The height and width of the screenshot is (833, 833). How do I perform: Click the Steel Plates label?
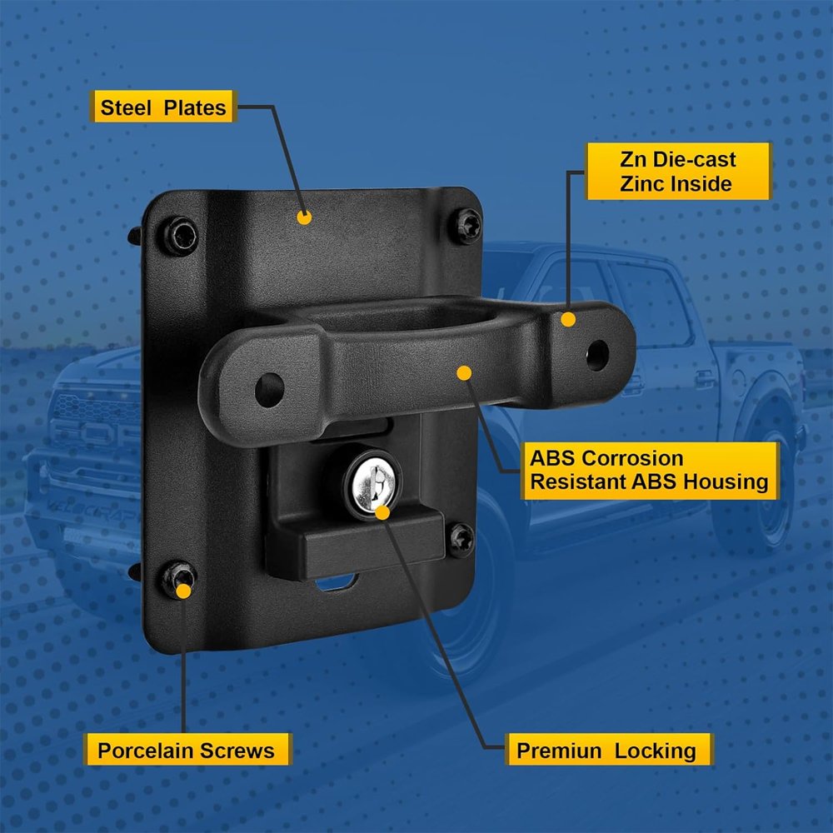[163, 107]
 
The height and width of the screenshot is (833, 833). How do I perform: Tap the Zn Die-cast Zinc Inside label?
[678, 171]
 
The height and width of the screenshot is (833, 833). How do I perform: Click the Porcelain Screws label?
[187, 750]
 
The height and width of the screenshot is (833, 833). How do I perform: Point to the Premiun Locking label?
[607, 750]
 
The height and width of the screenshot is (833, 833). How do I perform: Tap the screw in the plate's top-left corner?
[180, 236]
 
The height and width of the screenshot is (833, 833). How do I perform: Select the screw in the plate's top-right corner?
[466, 227]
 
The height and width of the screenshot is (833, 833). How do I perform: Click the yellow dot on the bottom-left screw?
[183, 591]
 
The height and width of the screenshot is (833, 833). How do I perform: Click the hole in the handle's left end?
[269, 390]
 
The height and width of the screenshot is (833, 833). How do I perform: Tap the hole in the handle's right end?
[597, 355]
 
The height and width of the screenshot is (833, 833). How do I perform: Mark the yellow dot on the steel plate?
[304, 217]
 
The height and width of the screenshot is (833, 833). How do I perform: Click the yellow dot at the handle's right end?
[568, 319]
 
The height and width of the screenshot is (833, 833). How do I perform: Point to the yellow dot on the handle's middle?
[464, 373]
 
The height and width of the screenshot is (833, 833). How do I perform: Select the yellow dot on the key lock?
[382, 512]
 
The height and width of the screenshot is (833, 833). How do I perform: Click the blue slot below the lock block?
[336, 583]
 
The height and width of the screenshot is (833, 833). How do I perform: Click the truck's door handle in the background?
[706, 379]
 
